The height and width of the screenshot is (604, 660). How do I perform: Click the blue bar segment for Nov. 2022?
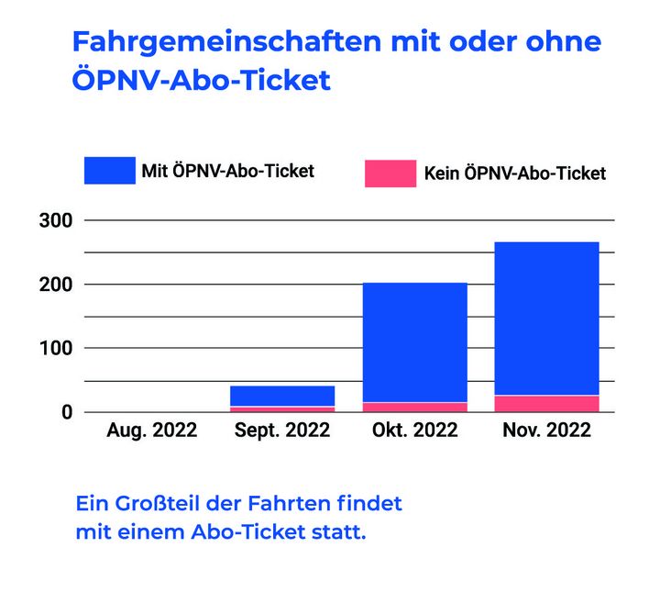[546, 319]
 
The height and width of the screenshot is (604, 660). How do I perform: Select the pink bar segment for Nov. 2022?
[546, 404]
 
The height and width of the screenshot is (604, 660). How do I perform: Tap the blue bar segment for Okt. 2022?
[414, 342]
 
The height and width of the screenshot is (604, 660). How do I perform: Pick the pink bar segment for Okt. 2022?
[414, 407]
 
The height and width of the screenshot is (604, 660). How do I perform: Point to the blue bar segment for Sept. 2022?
[282, 396]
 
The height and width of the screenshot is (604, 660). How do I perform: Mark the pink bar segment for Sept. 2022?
[282, 409]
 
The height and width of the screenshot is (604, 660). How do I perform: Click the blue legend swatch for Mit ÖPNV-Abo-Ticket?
[109, 171]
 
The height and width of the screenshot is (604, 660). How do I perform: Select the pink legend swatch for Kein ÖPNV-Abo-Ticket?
[390, 173]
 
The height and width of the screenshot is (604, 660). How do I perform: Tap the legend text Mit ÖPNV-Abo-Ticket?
[227, 171]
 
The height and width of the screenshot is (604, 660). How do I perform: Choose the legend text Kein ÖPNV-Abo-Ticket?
[514, 173]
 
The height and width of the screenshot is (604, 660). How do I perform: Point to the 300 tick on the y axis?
[55, 220]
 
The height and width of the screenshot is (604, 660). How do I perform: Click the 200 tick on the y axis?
[55, 285]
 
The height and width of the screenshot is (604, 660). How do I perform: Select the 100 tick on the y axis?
[55, 349]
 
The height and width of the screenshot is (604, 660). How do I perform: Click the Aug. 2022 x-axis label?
[152, 431]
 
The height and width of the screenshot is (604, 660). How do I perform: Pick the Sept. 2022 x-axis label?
[282, 431]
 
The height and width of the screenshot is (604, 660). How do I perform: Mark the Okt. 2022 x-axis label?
[414, 431]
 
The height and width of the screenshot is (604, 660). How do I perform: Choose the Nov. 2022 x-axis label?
[546, 431]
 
